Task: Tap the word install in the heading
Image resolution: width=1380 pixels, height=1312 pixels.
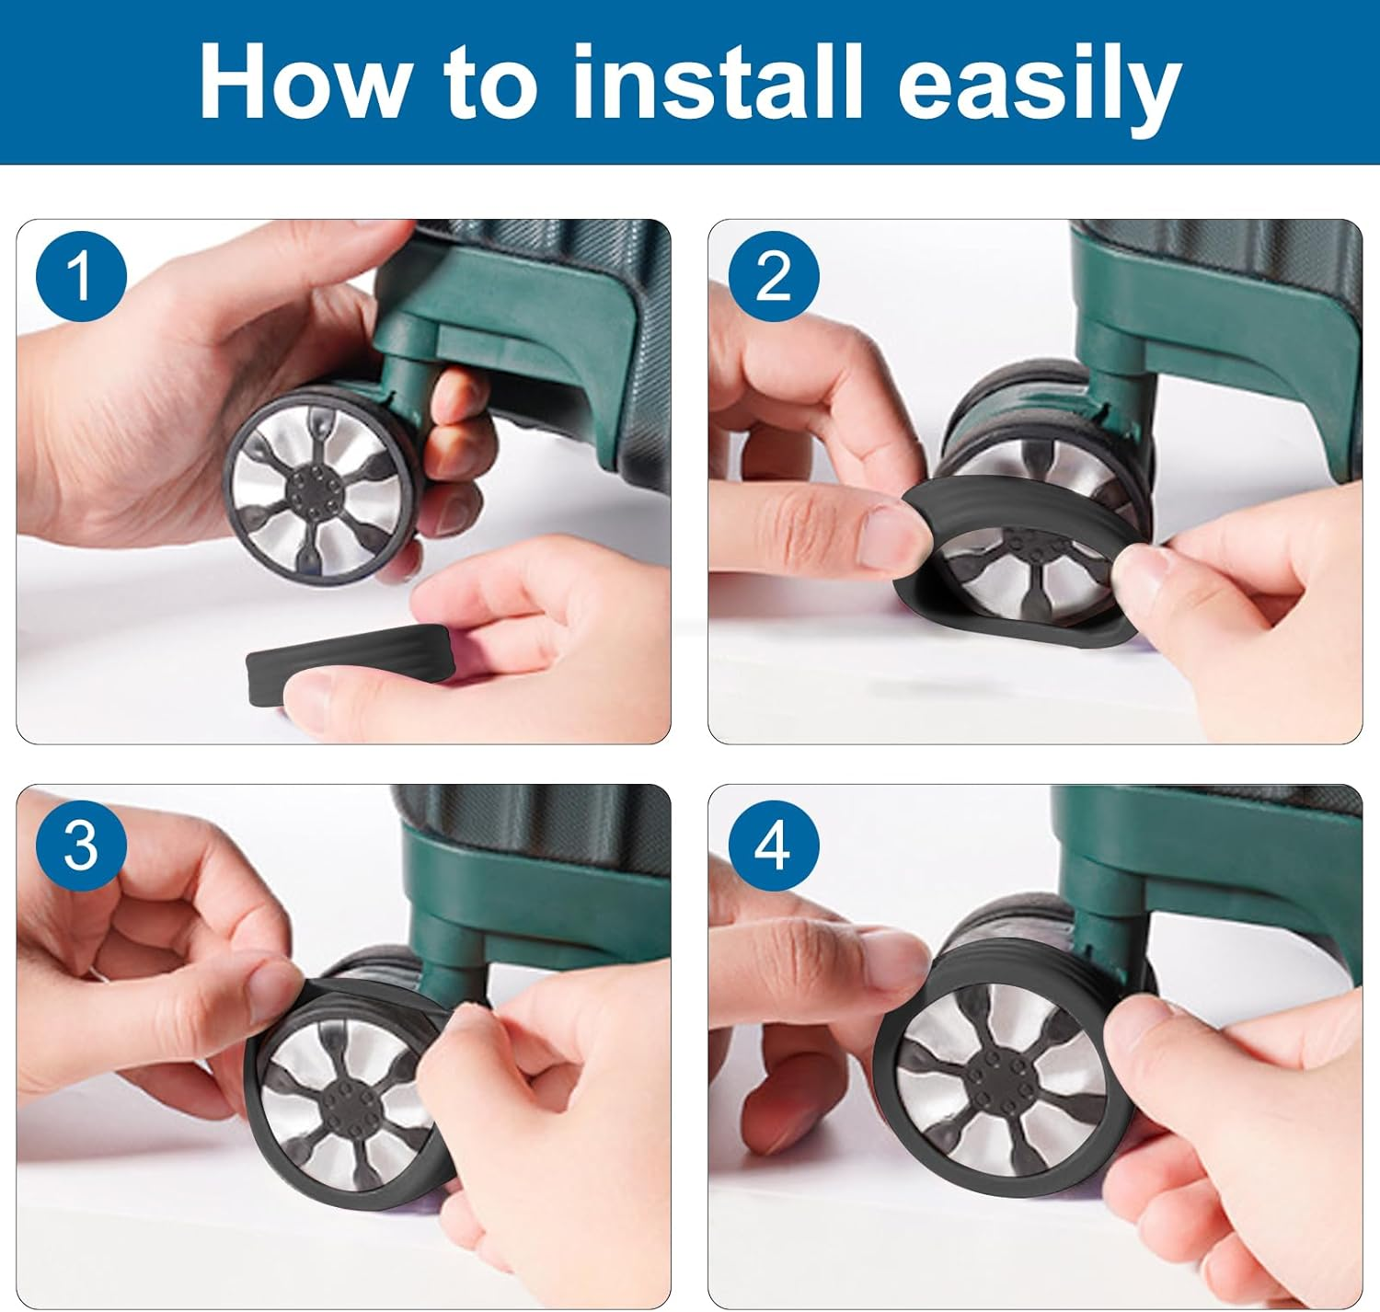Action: tap(716, 82)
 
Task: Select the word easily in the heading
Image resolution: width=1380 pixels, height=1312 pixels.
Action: tap(1040, 90)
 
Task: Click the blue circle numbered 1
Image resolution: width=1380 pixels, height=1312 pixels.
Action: tap(82, 277)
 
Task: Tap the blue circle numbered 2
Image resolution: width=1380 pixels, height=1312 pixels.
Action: tap(774, 277)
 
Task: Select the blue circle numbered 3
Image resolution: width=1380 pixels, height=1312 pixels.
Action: tap(82, 846)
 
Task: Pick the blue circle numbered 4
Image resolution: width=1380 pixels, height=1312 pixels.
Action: tap(774, 846)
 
